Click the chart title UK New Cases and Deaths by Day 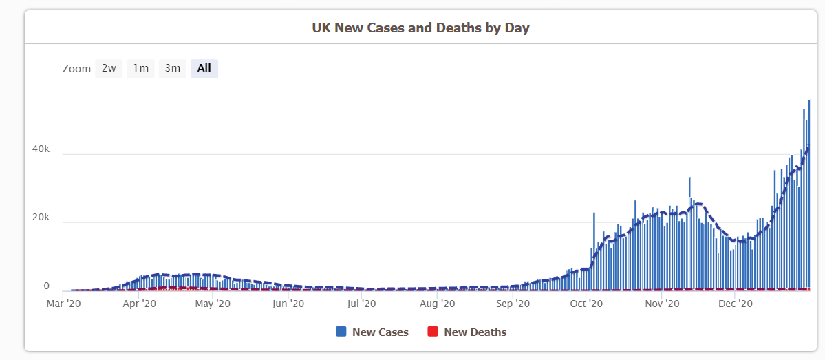coord(420,28)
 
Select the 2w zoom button coord(109,68)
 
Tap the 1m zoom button coord(140,68)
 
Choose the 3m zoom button coord(172,68)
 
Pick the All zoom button coord(204,68)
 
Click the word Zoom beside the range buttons coord(76,69)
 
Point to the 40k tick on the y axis coord(41,149)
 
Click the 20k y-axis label coord(41,218)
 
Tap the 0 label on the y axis coord(47,286)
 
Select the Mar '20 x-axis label coord(65,303)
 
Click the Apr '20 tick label coord(140,303)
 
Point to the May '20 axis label coord(213,303)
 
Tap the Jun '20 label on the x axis coord(288,303)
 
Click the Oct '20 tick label coord(586,303)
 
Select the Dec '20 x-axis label coord(736,303)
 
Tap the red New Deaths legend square coord(433,332)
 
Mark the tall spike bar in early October coord(594,251)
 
